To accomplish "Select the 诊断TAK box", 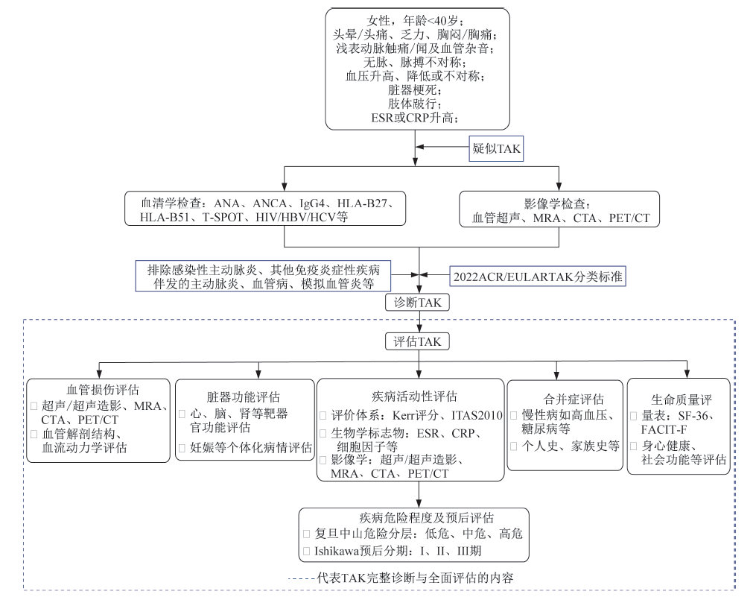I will (419, 302).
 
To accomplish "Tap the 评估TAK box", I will (419, 341).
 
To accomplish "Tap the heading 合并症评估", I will (564, 399).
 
